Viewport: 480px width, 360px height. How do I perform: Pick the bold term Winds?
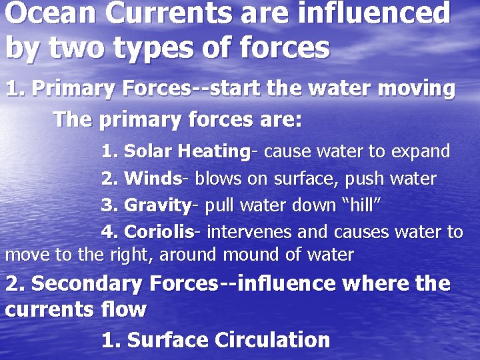tap(153, 179)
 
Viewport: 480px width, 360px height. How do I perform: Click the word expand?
tap(421, 152)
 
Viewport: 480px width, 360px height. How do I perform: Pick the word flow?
tap(125, 310)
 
